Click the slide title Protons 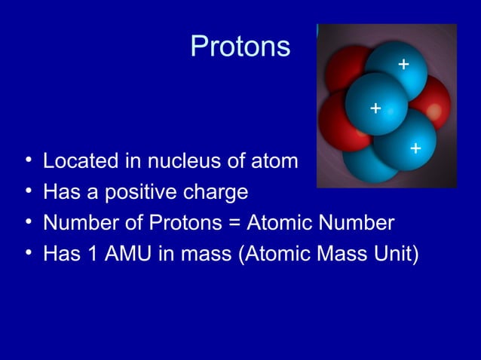click(240, 47)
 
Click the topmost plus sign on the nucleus click(403, 65)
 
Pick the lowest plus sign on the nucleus click(415, 150)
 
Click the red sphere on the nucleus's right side click(436, 102)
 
